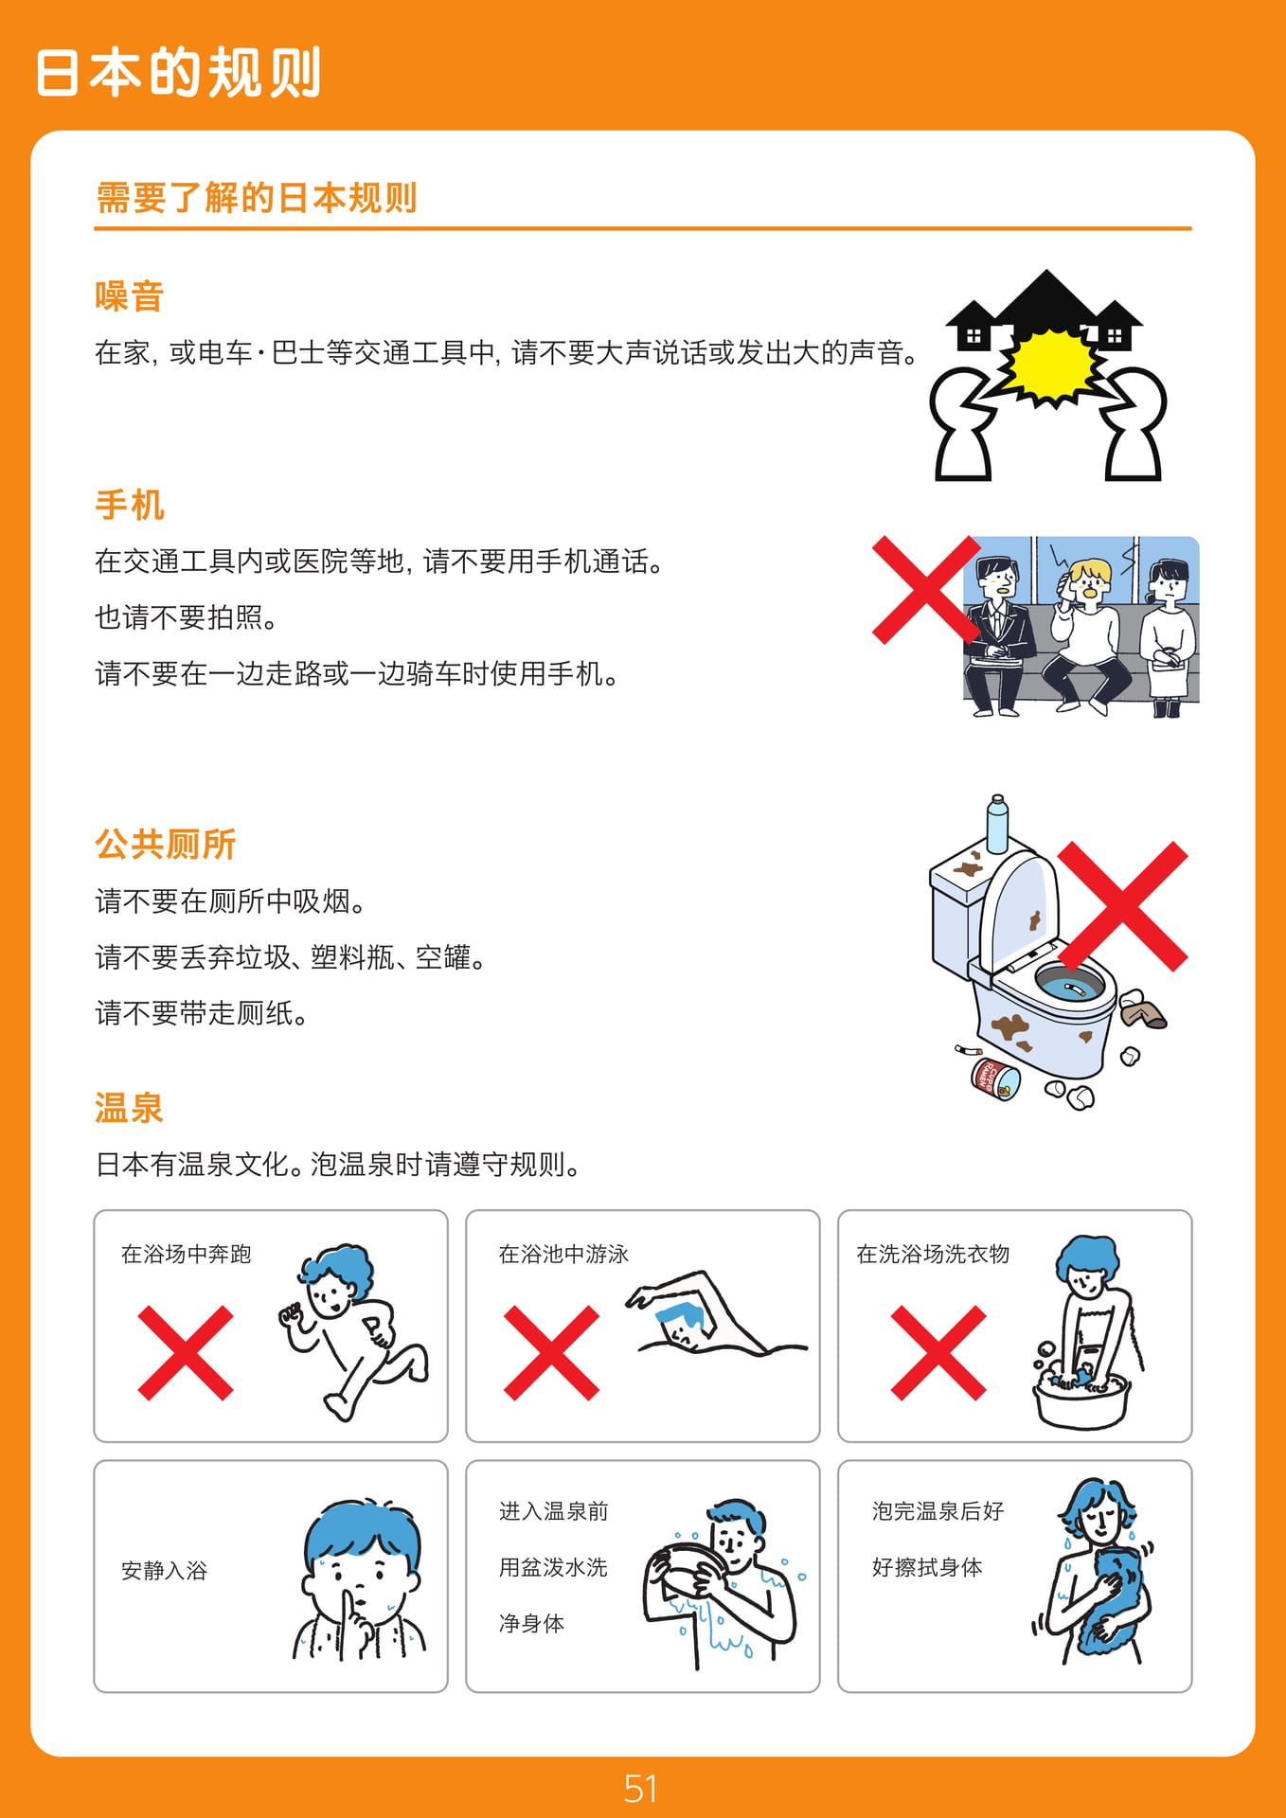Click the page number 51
pos(641,1789)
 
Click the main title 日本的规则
pos(179,72)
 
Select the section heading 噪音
pos(130,296)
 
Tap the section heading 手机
pos(130,505)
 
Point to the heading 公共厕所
pos(166,844)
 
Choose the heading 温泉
pos(130,1108)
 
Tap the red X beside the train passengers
pos(925,590)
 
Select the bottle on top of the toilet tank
pos(997,825)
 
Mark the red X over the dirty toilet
pos(1122,906)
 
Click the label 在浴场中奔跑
pos(187,1255)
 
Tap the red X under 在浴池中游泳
pos(551,1353)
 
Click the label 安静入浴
pos(165,1571)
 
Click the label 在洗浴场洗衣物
pos(934,1255)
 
